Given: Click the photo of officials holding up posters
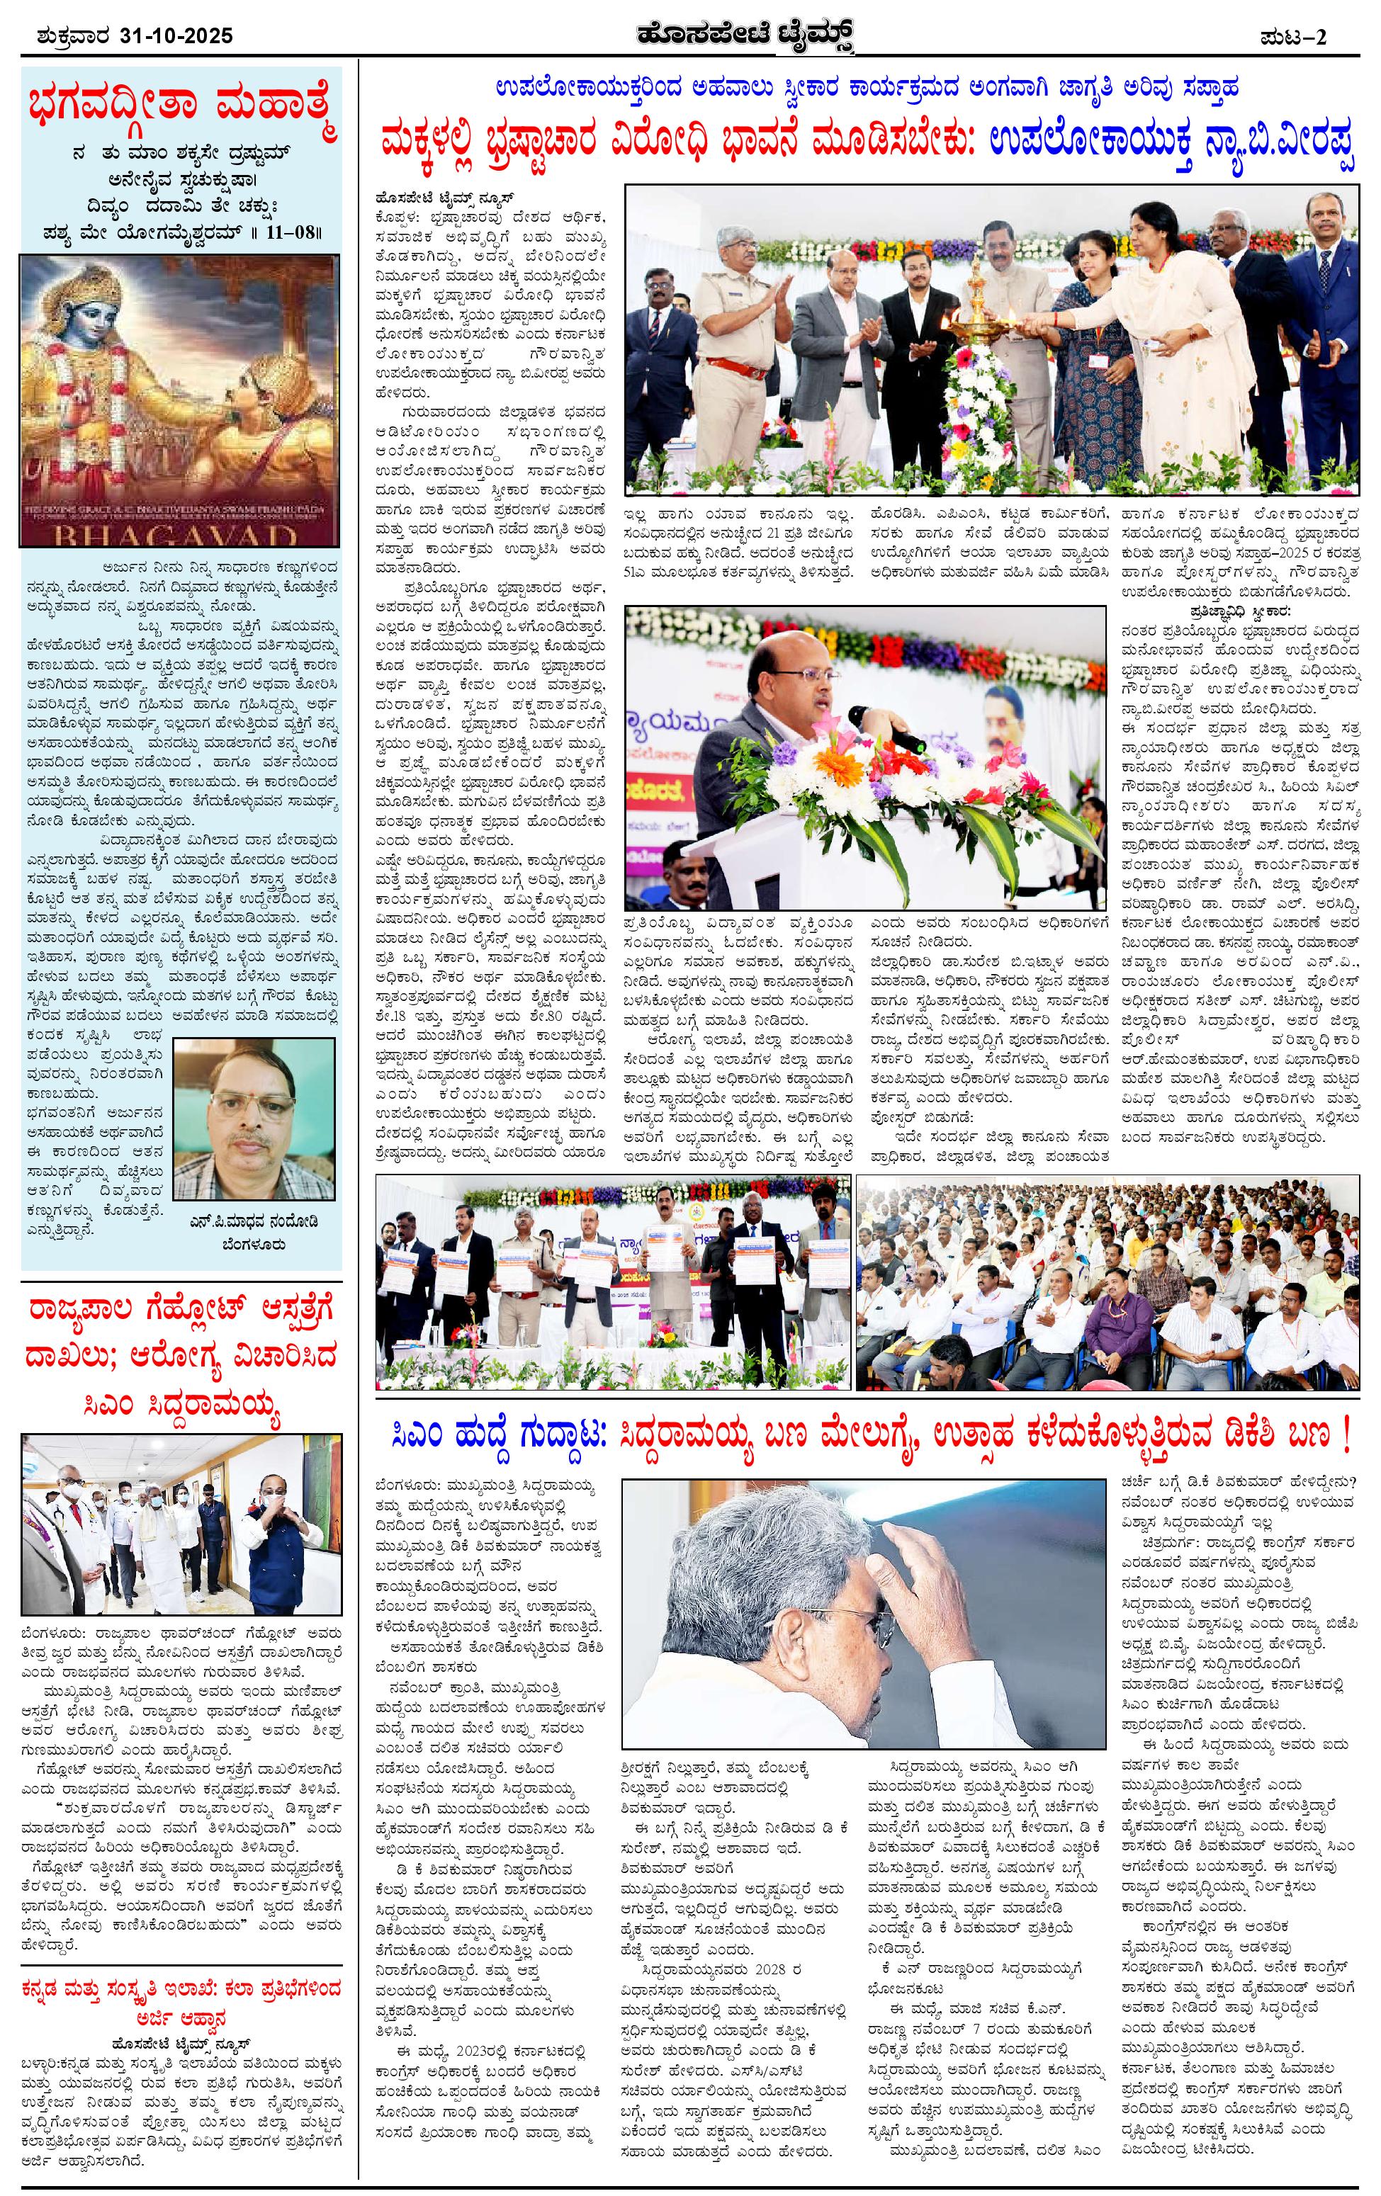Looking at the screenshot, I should [613, 1281].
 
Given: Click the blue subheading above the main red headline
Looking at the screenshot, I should [867, 89].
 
